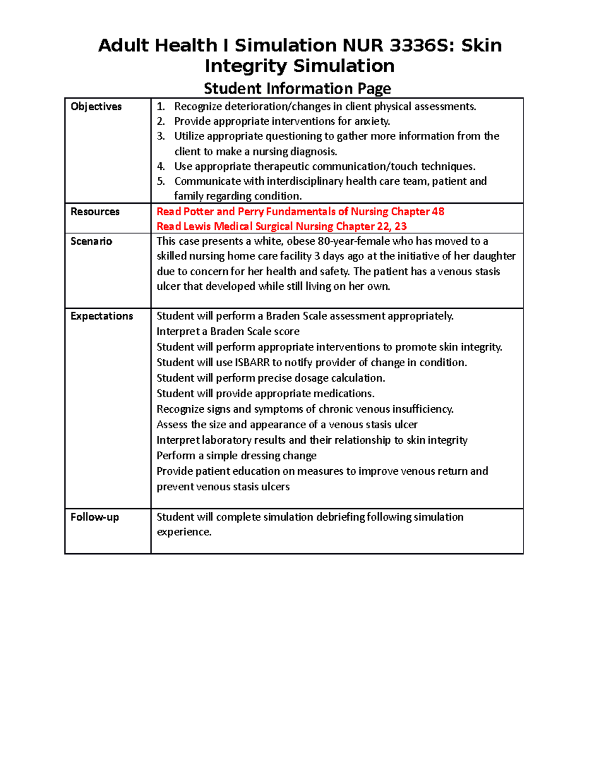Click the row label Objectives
pyautogui.click(x=96, y=106)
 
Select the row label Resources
pyautogui.click(x=95, y=211)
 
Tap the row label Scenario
pyautogui.click(x=91, y=241)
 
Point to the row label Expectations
pyautogui.click(x=101, y=316)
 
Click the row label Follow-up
pyautogui.click(x=94, y=517)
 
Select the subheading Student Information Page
pyautogui.click(x=297, y=88)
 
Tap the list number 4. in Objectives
pyautogui.click(x=160, y=166)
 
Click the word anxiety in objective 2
pyautogui.click(x=372, y=121)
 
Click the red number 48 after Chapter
pyautogui.click(x=438, y=211)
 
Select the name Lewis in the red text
pyautogui.click(x=197, y=226)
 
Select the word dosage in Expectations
pyautogui.click(x=312, y=378)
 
